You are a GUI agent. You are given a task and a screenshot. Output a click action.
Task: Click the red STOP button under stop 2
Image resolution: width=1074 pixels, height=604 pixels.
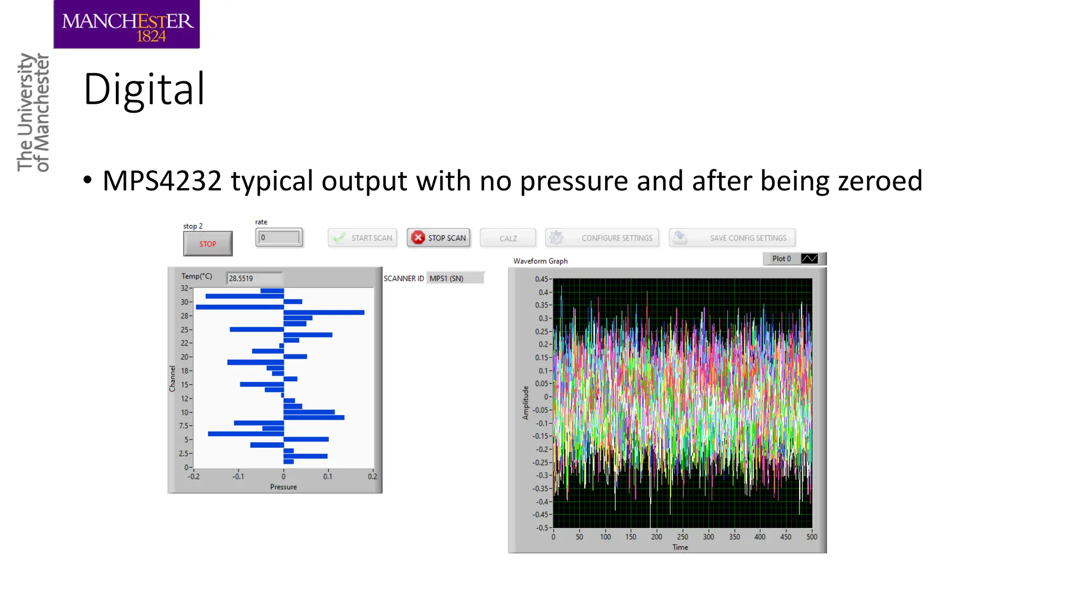coord(208,244)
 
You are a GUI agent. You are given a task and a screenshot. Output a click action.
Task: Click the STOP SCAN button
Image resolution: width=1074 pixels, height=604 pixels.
coord(439,238)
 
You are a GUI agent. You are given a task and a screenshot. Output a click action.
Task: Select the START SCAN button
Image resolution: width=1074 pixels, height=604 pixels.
coord(362,238)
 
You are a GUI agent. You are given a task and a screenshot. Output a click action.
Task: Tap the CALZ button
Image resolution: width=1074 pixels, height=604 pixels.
coord(508,239)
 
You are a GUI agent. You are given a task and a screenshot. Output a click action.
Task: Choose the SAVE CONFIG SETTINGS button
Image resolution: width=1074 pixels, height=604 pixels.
coord(732,238)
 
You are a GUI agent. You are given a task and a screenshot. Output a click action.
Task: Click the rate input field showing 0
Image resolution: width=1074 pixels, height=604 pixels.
coord(279,238)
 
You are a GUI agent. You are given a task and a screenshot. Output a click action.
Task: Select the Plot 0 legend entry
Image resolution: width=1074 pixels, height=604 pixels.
coord(794,258)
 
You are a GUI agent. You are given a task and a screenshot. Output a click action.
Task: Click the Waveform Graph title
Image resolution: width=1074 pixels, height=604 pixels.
coord(540,261)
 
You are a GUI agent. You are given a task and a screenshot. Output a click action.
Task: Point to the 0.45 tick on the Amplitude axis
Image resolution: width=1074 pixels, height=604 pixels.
coord(541,279)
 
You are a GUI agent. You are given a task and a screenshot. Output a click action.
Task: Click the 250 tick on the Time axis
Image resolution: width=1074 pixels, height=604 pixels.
coord(682,537)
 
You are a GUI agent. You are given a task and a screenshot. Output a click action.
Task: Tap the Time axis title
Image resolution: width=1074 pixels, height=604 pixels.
coord(680,547)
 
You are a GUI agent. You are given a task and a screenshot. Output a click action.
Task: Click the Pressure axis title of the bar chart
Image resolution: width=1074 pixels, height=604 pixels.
coord(283,487)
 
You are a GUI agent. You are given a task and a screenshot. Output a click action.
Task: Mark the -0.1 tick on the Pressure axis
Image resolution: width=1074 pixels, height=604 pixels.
coord(239,477)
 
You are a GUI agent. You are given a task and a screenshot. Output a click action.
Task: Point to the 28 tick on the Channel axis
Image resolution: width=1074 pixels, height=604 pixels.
coord(185,316)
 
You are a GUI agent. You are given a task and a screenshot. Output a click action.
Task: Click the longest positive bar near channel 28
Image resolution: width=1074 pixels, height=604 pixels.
coord(324,312)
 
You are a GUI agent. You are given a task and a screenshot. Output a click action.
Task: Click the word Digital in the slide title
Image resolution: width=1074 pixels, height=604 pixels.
coord(144,89)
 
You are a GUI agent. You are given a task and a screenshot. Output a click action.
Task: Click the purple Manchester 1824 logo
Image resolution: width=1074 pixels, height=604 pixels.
coord(126,25)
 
